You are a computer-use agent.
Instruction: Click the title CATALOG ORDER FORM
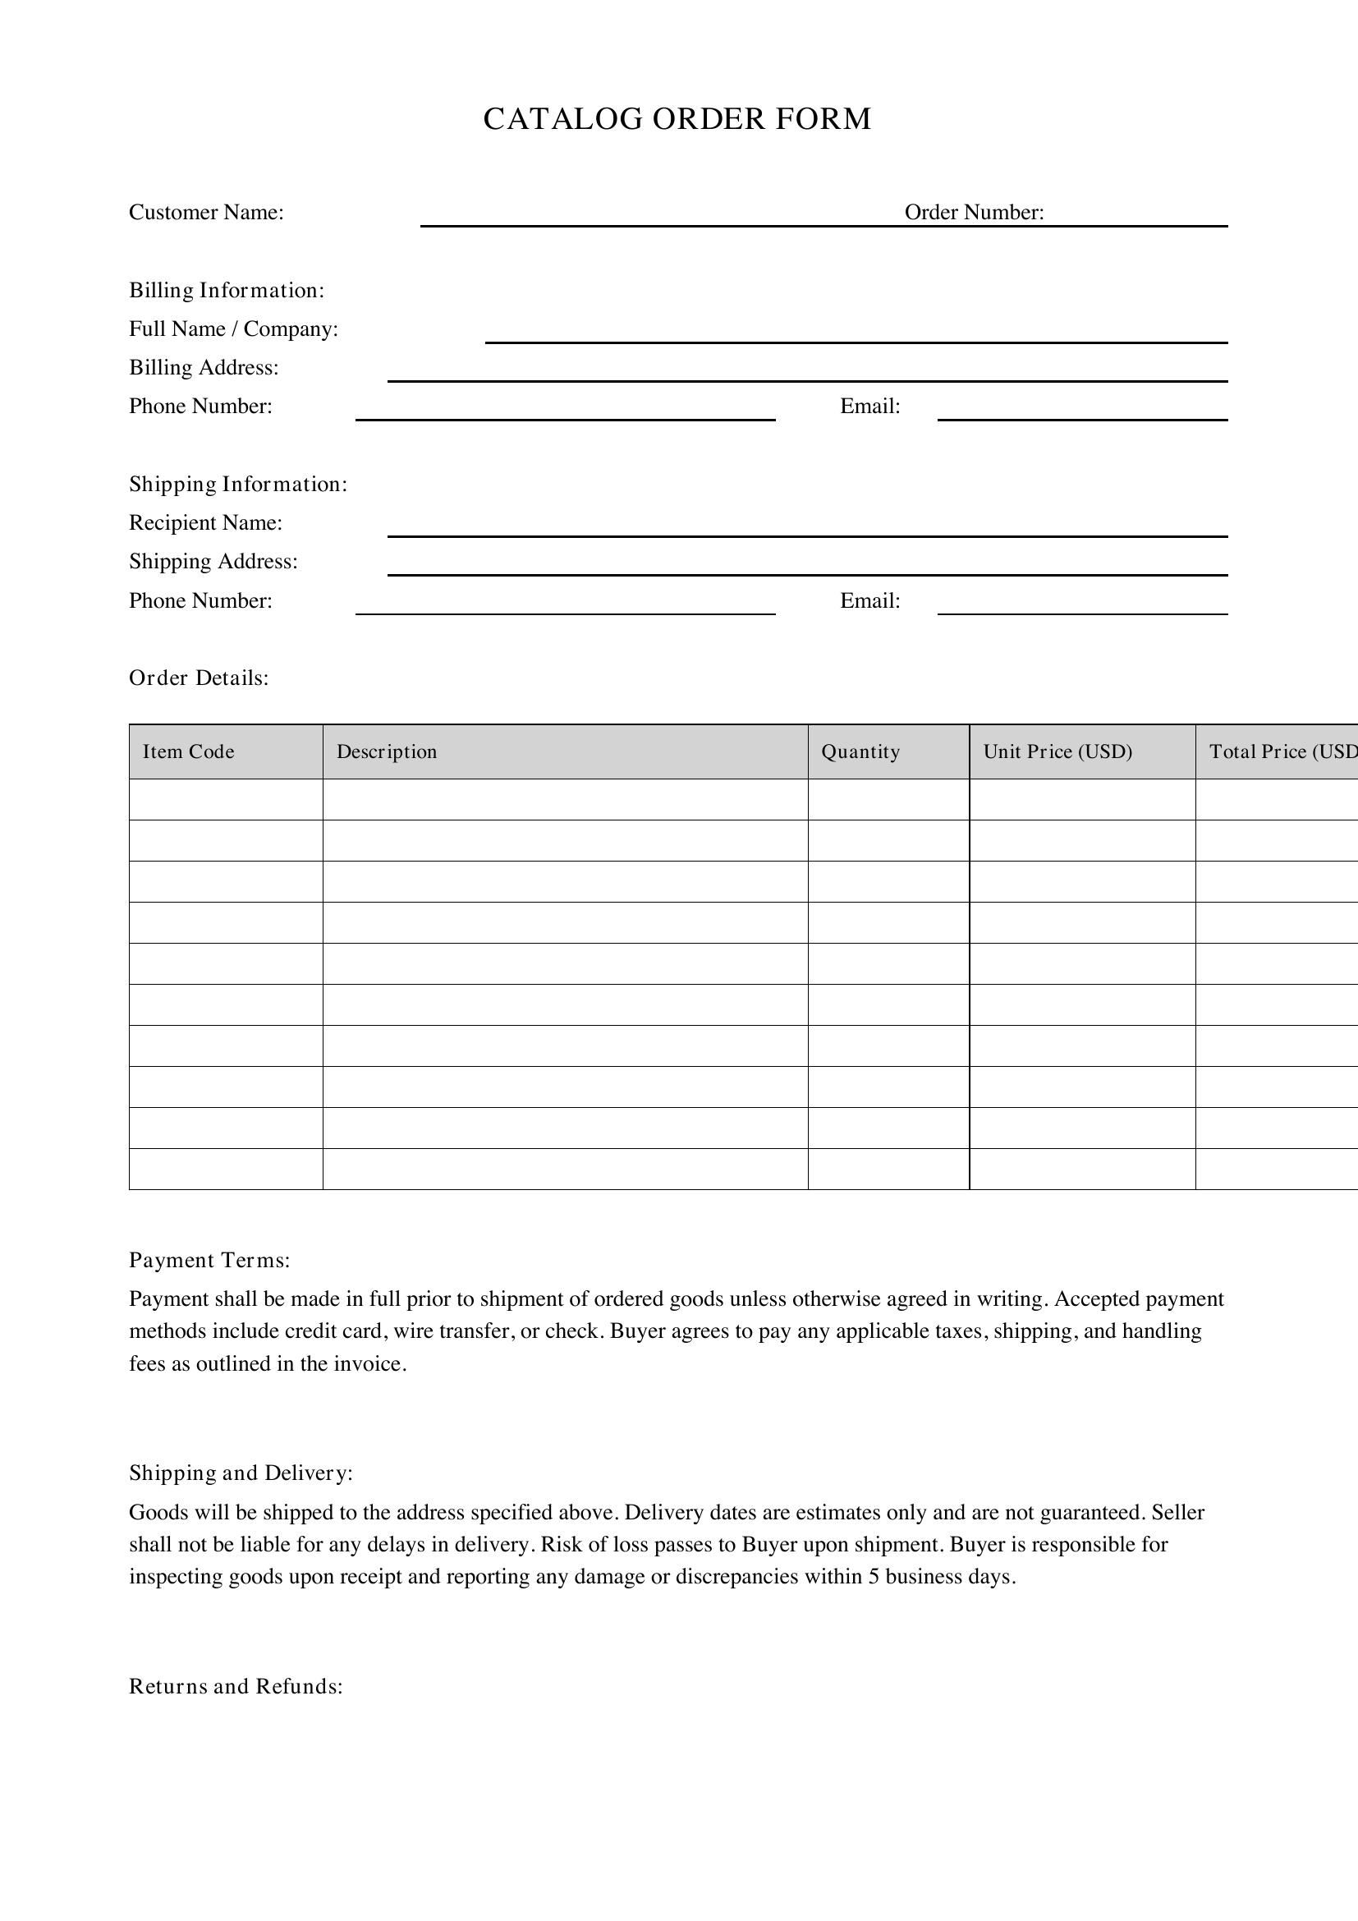(677, 119)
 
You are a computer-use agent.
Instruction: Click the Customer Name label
(207, 213)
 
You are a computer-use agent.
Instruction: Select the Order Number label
(975, 213)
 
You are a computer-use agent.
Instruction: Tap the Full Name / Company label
(233, 329)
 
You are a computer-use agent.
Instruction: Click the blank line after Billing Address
(807, 374)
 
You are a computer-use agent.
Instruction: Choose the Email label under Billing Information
(869, 407)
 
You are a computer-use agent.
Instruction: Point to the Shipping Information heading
(238, 485)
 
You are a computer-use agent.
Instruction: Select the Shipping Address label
(213, 562)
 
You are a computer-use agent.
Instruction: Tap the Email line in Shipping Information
(1082, 607)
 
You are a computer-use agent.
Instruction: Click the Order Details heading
(199, 678)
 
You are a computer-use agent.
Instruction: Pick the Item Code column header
(189, 751)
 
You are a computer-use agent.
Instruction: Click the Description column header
(388, 751)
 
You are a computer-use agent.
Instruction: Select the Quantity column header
(860, 751)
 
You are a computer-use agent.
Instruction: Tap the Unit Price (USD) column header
(1057, 751)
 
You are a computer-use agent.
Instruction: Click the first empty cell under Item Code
(226, 799)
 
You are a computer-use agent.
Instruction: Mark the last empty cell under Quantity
(888, 1169)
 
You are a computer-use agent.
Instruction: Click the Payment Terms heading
(210, 1260)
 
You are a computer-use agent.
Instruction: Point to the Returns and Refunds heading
(236, 1686)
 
